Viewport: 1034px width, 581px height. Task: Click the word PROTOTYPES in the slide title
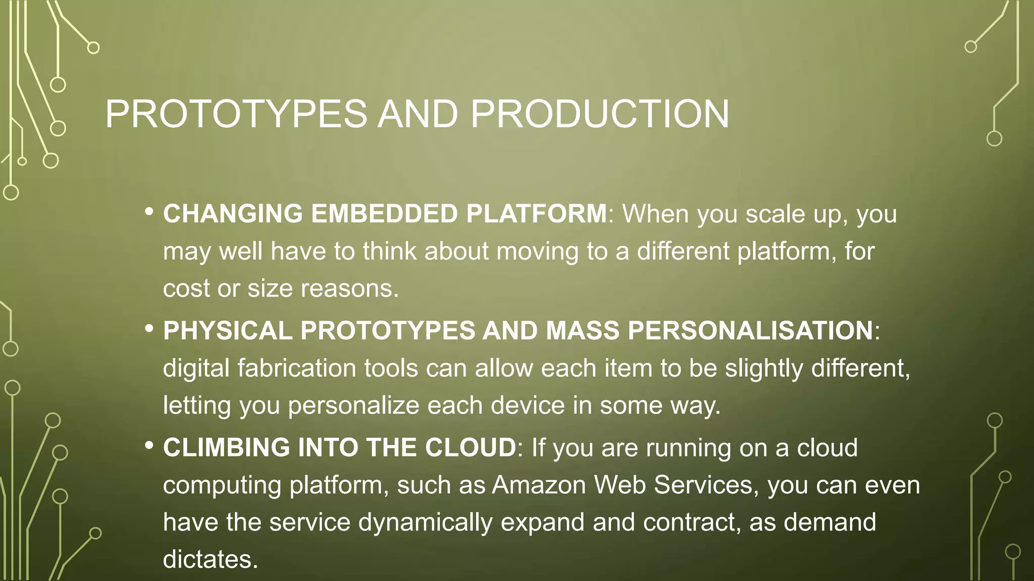point(236,114)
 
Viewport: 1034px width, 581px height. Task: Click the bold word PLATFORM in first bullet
point(536,214)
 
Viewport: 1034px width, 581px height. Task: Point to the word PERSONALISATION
point(750,331)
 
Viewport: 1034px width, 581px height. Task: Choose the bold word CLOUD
point(470,448)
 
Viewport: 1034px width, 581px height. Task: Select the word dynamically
point(425,522)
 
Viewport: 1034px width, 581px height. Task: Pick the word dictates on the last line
point(210,559)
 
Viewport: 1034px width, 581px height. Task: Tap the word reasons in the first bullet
point(349,288)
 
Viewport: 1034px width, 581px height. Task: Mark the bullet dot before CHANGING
point(148,212)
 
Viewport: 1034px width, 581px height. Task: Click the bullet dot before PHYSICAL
point(148,329)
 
